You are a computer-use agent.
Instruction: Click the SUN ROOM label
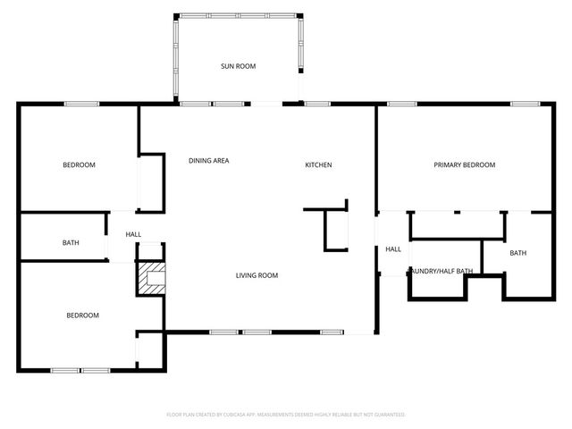click(x=239, y=66)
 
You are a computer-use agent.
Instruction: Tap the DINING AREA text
click(x=209, y=161)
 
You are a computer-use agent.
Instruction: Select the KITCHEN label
click(x=319, y=164)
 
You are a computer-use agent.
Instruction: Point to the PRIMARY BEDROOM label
click(x=464, y=164)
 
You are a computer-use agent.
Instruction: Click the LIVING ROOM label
click(x=257, y=275)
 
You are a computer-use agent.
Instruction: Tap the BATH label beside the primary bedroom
click(x=518, y=253)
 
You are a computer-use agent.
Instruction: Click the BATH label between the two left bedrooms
click(x=71, y=243)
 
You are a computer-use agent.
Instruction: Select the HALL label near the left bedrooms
click(x=133, y=235)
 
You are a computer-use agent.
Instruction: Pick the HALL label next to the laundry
click(x=393, y=249)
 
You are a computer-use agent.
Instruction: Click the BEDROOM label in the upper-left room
click(x=79, y=164)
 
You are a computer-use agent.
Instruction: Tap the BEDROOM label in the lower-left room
click(x=82, y=315)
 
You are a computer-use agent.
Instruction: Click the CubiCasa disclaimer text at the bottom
click(x=286, y=415)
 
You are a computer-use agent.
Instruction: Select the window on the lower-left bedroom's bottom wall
click(x=79, y=370)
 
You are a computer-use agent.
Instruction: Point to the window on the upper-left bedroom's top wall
click(x=80, y=105)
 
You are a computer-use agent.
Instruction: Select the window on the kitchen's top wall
click(x=316, y=105)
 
